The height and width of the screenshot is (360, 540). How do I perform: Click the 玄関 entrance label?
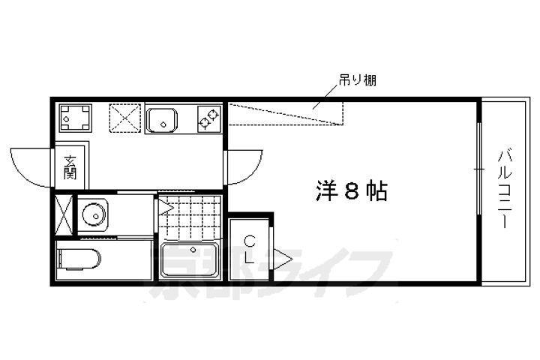tap(70, 168)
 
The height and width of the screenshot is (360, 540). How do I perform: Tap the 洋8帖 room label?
tap(352, 190)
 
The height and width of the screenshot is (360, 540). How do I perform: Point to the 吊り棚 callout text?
tap(357, 80)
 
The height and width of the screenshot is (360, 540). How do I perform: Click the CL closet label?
tap(250, 250)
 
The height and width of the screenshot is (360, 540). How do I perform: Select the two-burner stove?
tap(209, 119)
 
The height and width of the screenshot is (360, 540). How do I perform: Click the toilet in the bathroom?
tap(80, 259)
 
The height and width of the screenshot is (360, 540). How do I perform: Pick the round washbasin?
tap(94, 215)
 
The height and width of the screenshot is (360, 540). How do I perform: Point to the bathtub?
tap(190, 259)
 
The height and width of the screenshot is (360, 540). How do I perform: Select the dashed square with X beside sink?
tap(125, 118)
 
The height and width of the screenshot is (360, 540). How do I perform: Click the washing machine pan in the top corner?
tap(76, 118)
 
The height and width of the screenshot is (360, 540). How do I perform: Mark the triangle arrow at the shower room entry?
tap(166, 208)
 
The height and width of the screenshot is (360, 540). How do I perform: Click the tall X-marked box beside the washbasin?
tap(64, 215)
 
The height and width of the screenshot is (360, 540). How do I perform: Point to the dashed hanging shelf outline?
tap(286, 114)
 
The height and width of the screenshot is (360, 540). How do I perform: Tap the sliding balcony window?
tap(478, 169)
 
